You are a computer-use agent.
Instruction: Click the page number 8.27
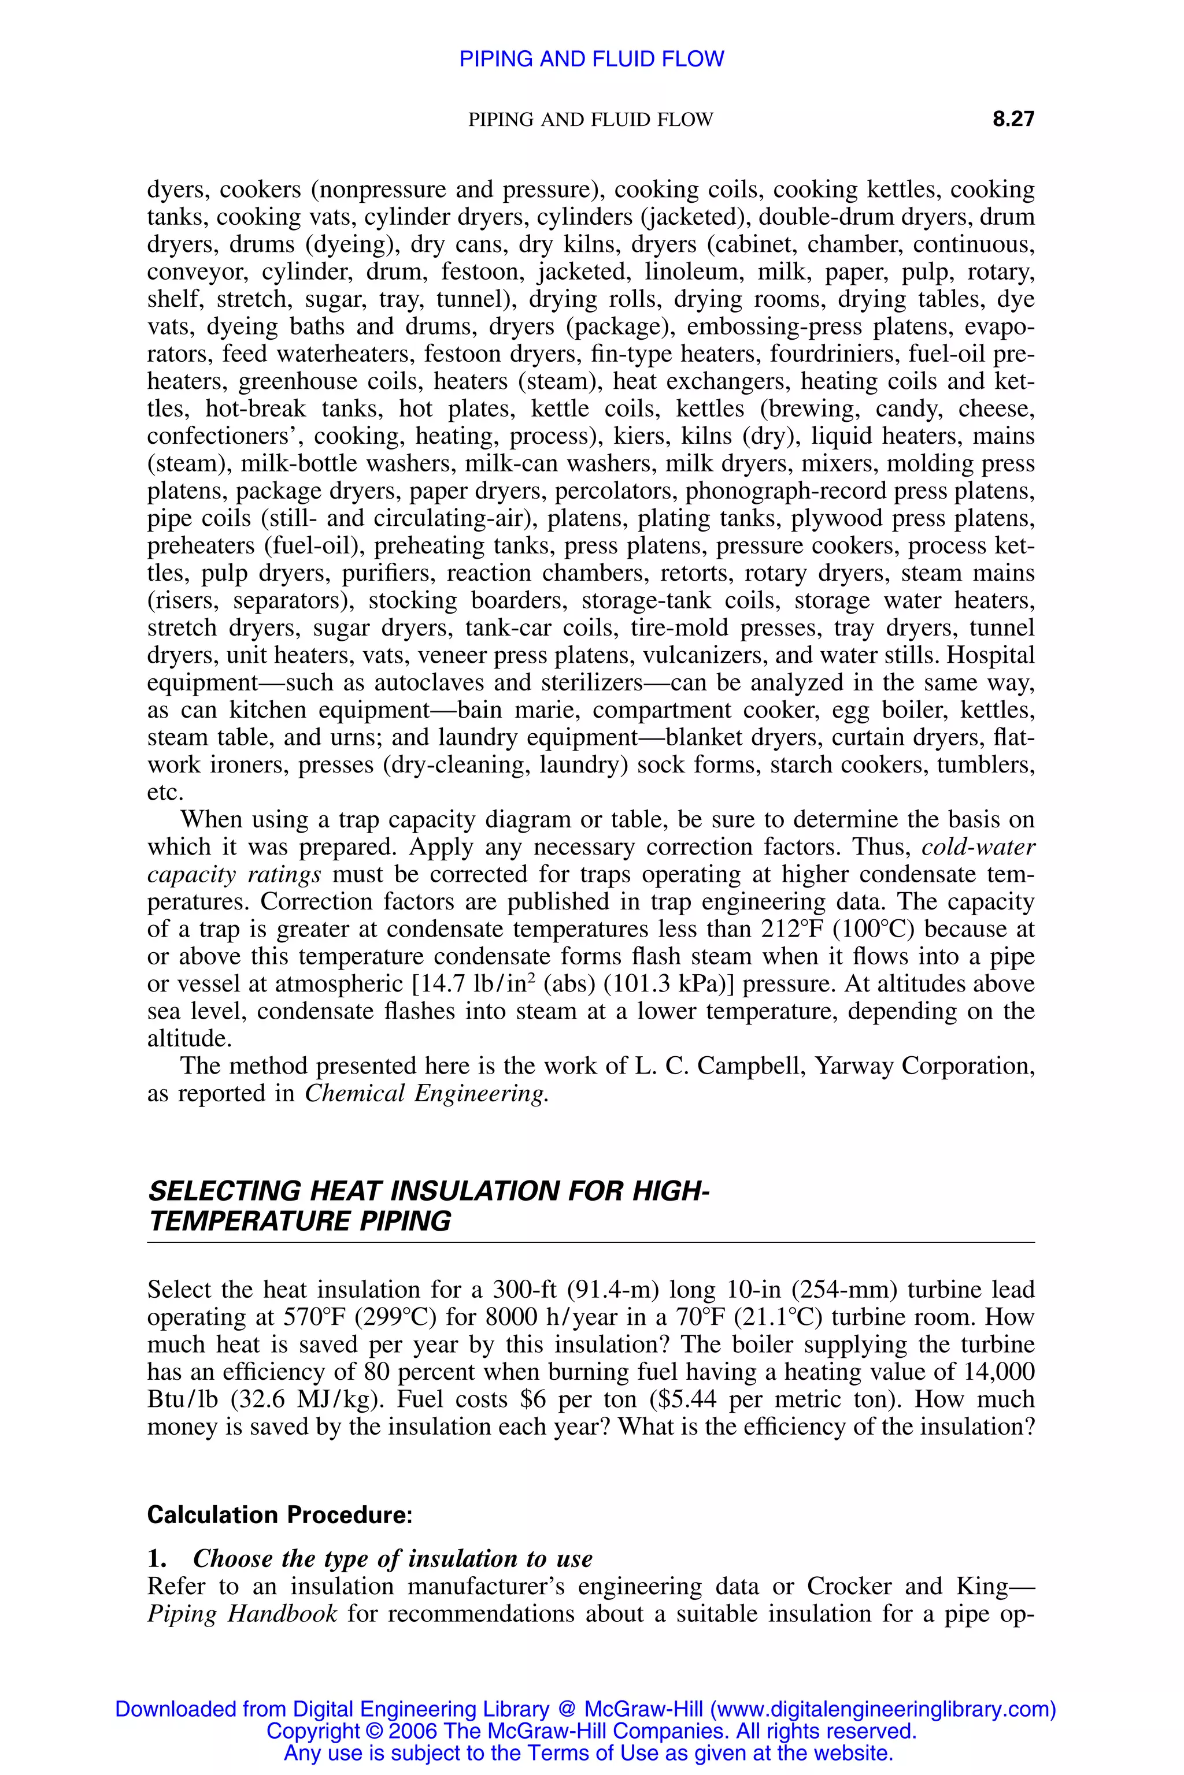point(1013,119)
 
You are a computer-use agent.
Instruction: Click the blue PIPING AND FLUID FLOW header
point(591,59)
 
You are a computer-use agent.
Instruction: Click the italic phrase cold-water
point(978,846)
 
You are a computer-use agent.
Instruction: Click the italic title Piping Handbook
point(242,1613)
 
